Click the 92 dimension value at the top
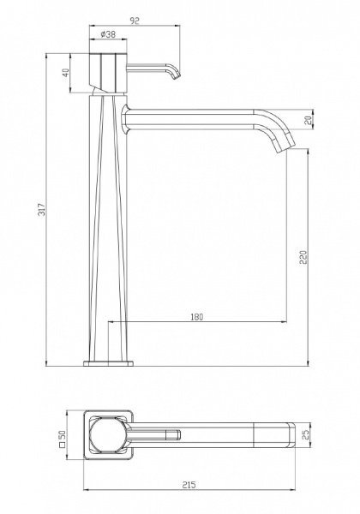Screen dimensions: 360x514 click(x=135, y=21)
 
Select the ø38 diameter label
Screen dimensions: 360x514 click(x=108, y=34)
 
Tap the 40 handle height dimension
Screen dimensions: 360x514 click(x=66, y=73)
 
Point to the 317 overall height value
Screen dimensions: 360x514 click(x=42, y=209)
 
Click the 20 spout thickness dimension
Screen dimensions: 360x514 click(x=308, y=120)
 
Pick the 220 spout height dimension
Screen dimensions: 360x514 click(x=303, y=257)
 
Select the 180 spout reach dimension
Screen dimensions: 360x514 click(x=197, y=317)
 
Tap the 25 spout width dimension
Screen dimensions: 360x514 click(x=306, y=435)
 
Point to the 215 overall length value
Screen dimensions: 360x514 click(x=189, y=485)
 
